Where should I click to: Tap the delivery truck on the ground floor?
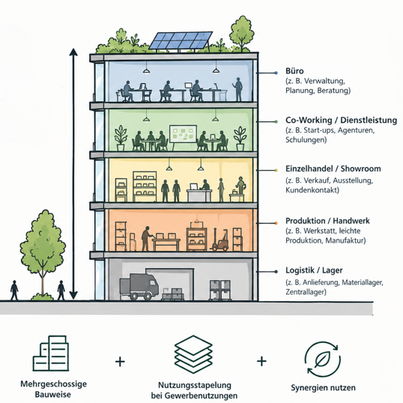tap(139, 287)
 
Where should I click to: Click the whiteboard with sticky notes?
tap(183, 135)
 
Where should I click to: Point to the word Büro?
tap(294, 71)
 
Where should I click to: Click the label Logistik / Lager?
tap(314, 270)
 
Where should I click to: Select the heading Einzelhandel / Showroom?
tap(333, 169)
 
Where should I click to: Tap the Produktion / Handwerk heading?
tap(327, 221)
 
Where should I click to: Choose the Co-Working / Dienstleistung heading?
tap(341, 120)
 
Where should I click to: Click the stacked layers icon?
tap(193, 354)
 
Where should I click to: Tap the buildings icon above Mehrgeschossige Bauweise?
tap(51, 353)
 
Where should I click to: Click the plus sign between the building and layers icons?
tap(120, 362)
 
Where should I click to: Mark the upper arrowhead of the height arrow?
tap(73, 52)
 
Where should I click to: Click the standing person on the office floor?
tap(238, 89)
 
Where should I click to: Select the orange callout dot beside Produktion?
tap(276, 223)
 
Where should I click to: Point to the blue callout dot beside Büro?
tap(276, 73)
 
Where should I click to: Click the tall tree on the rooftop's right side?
tap(242, 34)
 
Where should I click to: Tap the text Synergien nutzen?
tap(323, 387)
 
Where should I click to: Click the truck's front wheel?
tap(148, 296)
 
